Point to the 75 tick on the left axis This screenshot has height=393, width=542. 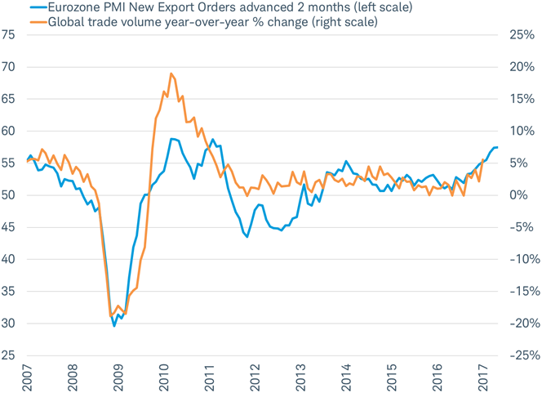tap(9, 35)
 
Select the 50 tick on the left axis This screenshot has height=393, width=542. tap(9, 195)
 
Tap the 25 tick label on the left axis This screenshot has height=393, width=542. tap(9, 355)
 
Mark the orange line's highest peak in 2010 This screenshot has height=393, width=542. tap(171, 74)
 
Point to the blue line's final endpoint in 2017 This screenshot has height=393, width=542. tap(497, 147)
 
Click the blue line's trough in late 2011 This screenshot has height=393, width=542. tap(247, 237)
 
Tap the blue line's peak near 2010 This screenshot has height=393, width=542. tap(172, 139)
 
